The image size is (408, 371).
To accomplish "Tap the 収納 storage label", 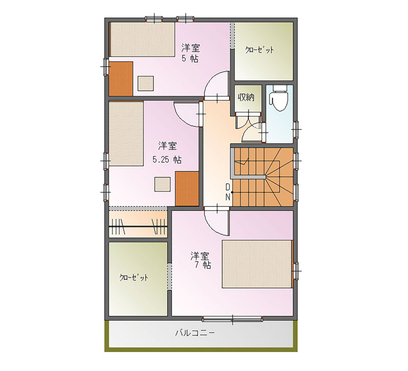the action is [x=246, y=97].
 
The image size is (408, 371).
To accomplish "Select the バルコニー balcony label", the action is [x=195, y=333].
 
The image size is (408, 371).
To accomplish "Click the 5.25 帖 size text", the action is [x=167, y=160].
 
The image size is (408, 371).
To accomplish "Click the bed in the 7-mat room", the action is [x=257, y=264].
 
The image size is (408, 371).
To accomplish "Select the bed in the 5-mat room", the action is [x=142, y=39].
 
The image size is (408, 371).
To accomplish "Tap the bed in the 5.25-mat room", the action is [x=126, y=134].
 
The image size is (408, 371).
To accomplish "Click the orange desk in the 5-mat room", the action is [x=121, y=79].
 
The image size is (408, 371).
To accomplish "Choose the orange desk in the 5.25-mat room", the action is [x=187, y=189].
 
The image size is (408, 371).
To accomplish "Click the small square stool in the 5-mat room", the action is [x=145, y=83].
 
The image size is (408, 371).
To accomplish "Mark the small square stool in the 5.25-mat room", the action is [x=163, y=184].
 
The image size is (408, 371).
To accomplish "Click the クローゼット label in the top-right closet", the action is [x=260, y=49].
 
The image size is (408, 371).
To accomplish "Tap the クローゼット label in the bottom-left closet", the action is [x=134, y=277].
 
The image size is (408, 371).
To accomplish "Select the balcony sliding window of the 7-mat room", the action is [x=233, y=319].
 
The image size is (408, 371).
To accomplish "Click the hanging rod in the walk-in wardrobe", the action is [x=138, y=227].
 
